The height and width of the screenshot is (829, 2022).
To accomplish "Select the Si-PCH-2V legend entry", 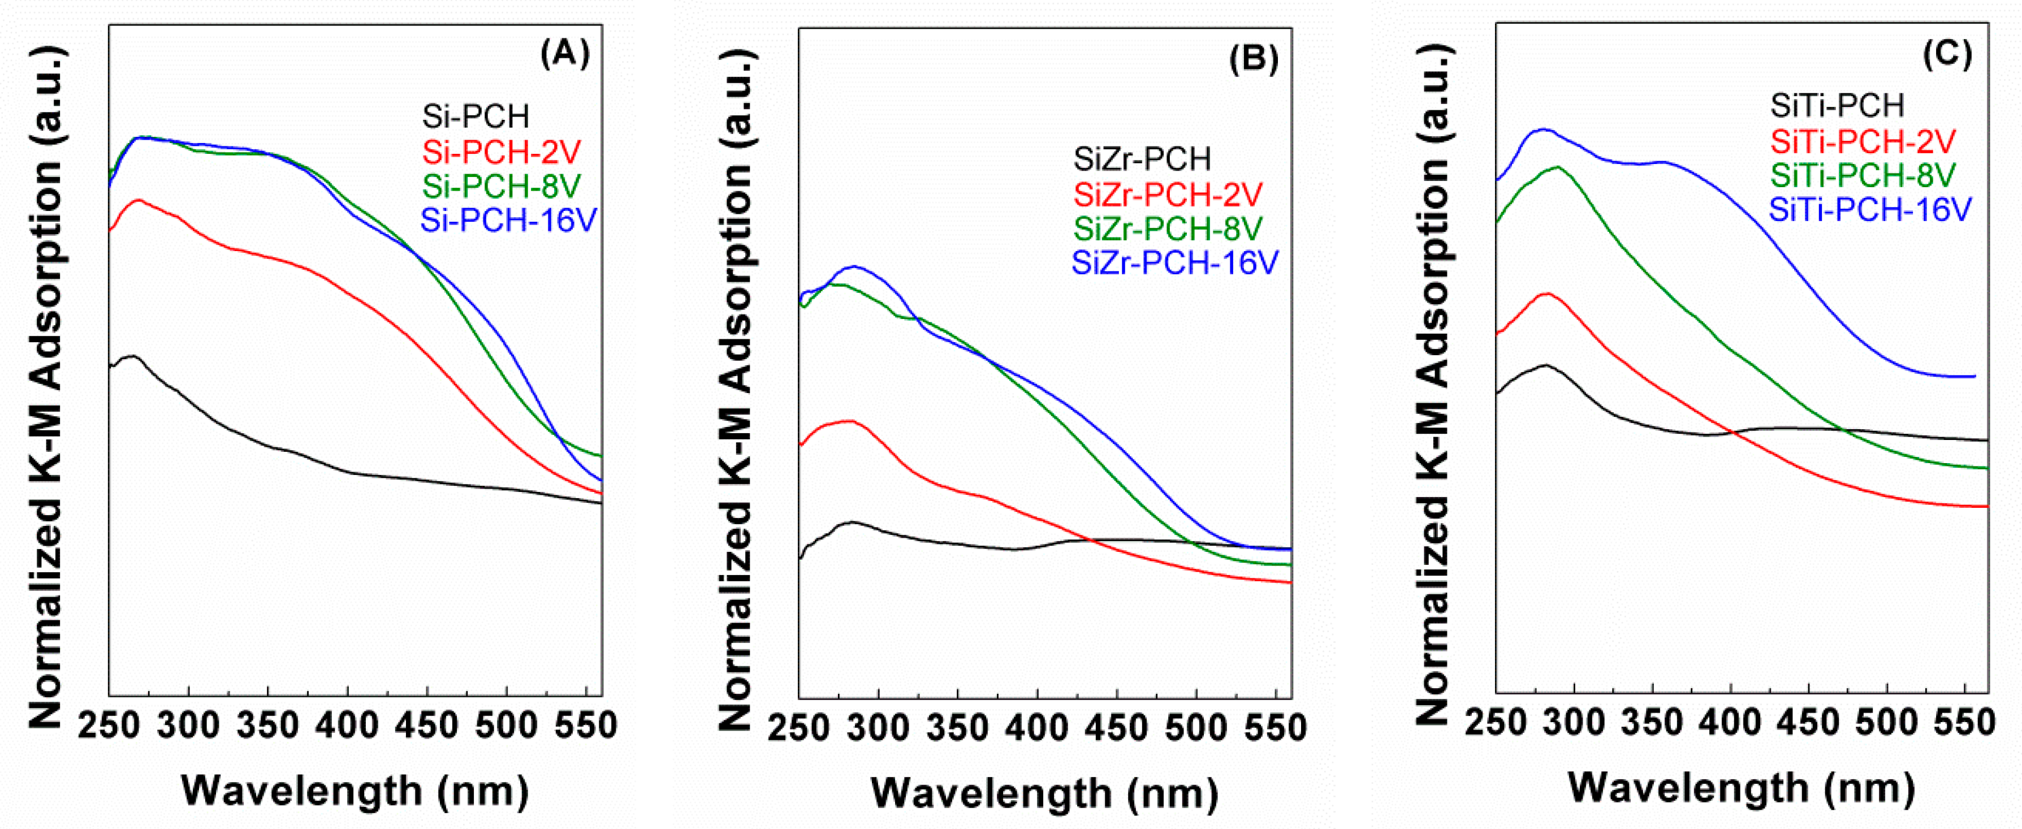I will (502, 152).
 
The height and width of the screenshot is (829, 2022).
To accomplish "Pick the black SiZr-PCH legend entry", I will (1142, 159).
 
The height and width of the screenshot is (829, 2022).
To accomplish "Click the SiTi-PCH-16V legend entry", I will (1870, 210).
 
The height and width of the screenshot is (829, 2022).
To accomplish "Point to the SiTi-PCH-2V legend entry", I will (1863, 141).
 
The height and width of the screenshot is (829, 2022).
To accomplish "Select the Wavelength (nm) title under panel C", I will (1742, 787).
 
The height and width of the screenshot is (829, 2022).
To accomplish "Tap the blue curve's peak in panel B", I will (853, 266).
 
